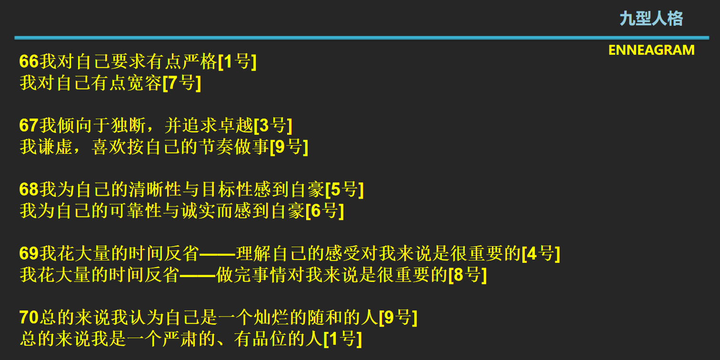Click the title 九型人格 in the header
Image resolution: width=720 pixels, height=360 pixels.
point(651,19)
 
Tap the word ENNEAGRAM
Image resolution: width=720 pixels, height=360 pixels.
point(651,50)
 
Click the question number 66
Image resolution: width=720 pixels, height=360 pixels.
point(29,61)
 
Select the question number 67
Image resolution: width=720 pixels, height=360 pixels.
point(29,125)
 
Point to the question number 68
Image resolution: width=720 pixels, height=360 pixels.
point(29,190)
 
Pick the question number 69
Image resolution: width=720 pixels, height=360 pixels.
point(29,254)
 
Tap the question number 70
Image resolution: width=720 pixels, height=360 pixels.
point(29,317)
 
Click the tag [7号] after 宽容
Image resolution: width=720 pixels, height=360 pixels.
point(182,83)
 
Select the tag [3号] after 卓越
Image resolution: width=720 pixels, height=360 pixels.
point(273,125)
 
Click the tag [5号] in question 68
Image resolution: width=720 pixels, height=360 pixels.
point(344,190)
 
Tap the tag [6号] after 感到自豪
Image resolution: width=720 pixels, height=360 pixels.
point(324,210)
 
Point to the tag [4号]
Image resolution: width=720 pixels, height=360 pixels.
point(540,254)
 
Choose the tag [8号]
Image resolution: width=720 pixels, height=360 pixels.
point(468,275)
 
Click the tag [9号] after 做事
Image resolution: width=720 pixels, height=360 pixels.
point(289,147)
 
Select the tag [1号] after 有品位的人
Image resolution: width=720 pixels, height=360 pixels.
point(342,339)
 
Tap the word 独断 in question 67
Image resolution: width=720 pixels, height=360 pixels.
point(129,125)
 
